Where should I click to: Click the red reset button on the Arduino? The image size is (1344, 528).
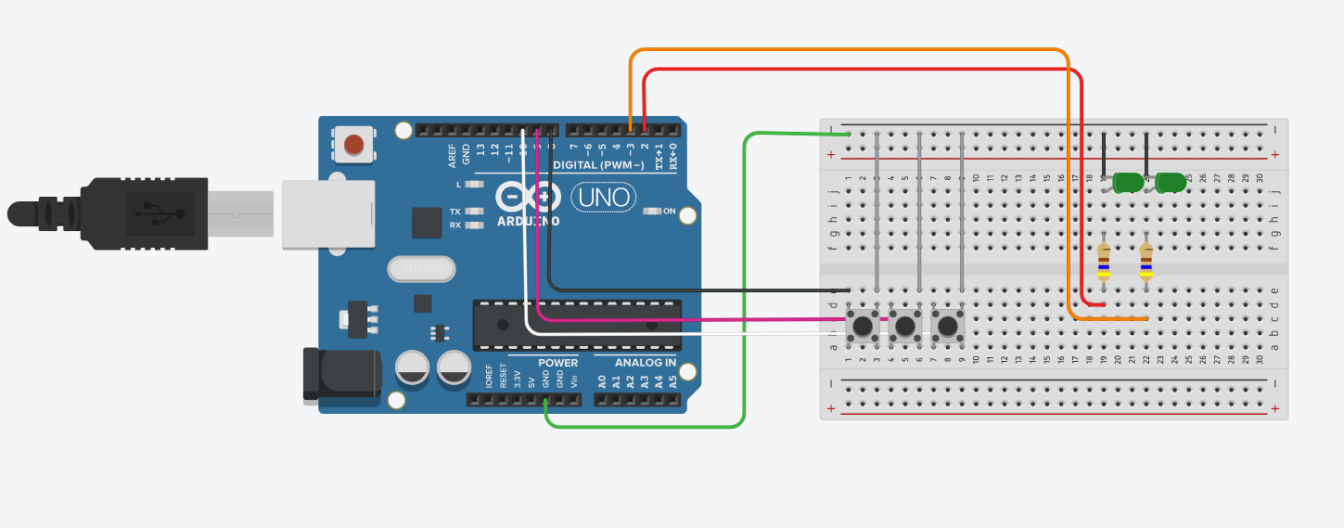353,145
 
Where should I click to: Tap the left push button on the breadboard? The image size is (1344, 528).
863,326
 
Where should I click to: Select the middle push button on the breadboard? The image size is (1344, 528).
905,326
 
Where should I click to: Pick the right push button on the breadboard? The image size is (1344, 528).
948,326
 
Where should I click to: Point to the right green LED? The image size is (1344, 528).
1171,183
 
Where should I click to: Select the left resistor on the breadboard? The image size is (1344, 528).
1103,261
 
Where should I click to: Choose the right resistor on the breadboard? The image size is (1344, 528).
1146,261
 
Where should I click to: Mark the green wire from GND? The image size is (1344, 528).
744,278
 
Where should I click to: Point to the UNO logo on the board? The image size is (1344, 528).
603,197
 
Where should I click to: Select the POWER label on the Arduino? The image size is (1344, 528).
557,362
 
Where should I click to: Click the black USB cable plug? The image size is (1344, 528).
139,213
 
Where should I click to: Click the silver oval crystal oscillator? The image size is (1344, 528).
421,269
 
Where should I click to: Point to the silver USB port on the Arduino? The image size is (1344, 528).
327,213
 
